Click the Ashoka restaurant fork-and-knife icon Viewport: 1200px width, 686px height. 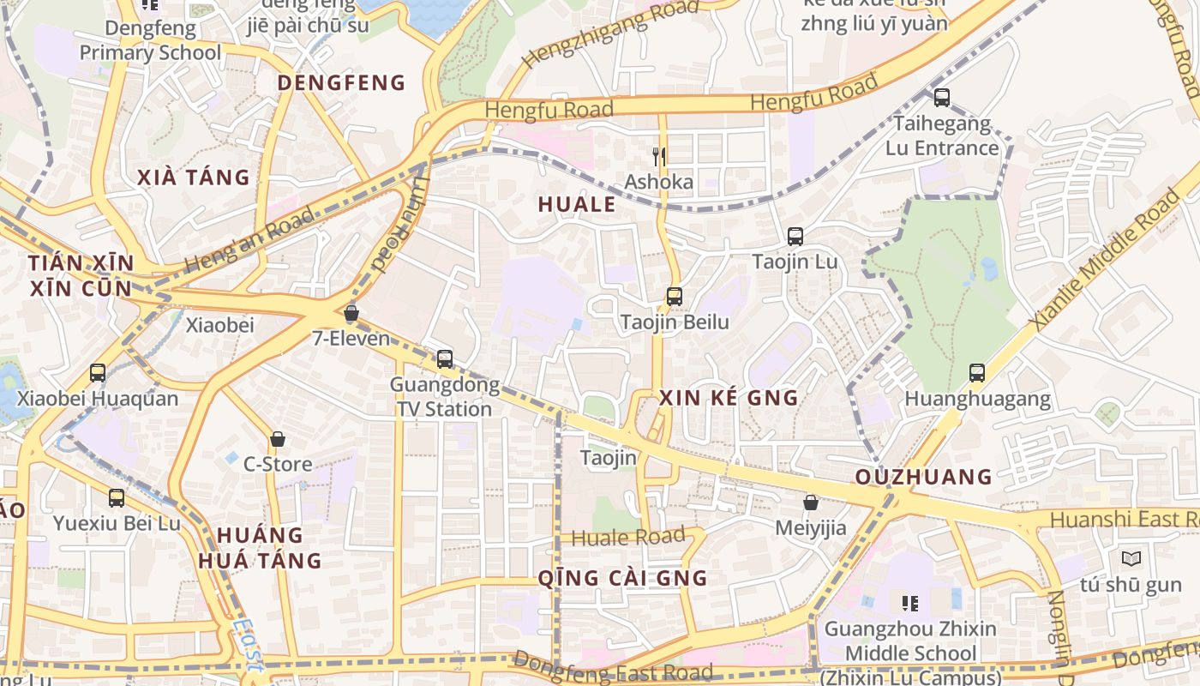pyautogui.click(x=658, y=156)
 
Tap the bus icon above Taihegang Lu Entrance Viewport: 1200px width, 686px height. pyautogui.click(x=942, y=98)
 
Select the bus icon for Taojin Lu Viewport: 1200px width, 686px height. pyautogui.click(x=795, y=236)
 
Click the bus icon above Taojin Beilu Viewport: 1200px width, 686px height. pyautogui.click(x=675, y=297)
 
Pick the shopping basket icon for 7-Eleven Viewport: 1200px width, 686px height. pyautogui.click(x=351, y=313)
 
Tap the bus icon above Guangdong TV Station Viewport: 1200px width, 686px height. pyautogui.click(x=444, y=358)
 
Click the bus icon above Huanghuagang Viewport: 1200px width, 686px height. pyautogui.click(x=977, y=372)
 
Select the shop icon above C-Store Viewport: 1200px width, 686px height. pyautogui.click(x=278, y=439)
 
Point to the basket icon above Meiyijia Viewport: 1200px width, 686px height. pyautogui.click(x=810, y=502)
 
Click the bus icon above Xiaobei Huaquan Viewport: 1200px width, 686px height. pyautogui.click(x=98, y=372)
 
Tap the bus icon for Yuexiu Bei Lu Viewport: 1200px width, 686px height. pyautogui.click(x=117, y=497)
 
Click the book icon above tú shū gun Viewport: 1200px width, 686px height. pyautogui.click(x=1131, y=559)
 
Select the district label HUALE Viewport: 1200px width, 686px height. pyautogui.click(x=577, y=204)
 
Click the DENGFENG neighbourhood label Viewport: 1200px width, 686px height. pyautogui.click(x=341, y=83)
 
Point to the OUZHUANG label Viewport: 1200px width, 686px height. pyautogui.click(x=924, y=477)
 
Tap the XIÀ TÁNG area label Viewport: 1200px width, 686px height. pyautogui.click(x=194, y=178)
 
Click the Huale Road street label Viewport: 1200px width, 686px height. pyautogui.click(x=628, y=538)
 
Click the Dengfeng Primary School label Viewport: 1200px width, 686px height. pyautogui.click(x=150, y=40)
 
